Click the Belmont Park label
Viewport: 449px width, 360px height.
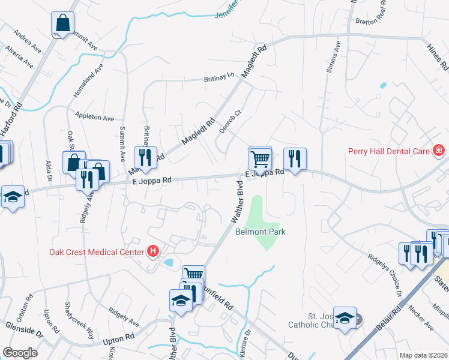pyautogui.click(x=261, y=232)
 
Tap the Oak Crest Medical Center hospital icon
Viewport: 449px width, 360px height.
pyautogui.click(x=154, y=251)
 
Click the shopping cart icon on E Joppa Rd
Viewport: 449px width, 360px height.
pyautogui.click(x=260, y=159)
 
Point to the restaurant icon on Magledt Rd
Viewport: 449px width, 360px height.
pyautogui.click(x=145, y=158)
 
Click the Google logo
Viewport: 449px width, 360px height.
pyautogui.click(x=20, y=353)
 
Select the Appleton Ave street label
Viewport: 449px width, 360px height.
pyautogui.click(x=94, y=116)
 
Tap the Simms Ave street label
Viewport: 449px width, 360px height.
pyautogui.click(x=331, y=58)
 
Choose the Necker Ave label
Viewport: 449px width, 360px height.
pyautogui.click(x=421, y=318)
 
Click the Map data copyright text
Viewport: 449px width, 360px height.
pyautogui.click(x=423, y=355)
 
